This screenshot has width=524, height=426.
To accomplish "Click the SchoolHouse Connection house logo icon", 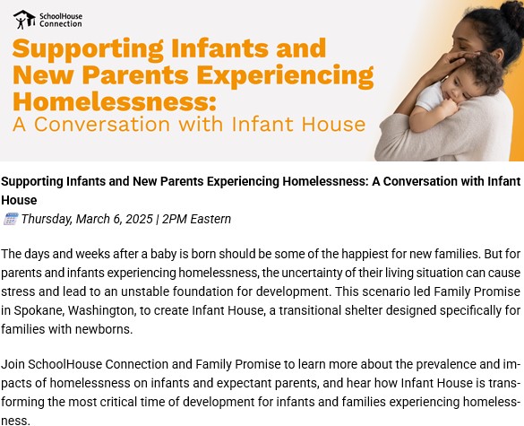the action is click(x=24, y=20).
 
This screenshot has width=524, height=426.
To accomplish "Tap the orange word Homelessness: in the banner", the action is click(x=115, y=101).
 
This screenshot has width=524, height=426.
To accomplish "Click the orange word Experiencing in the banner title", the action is click(x=285, y=75).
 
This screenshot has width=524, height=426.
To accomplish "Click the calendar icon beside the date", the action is click(x=11, y=219).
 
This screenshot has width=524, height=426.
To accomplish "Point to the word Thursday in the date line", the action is click(x=47, y=219).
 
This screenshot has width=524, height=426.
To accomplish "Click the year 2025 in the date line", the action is click(x=138, y=219).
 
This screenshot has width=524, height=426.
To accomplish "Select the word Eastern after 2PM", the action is click(x=210, y=219).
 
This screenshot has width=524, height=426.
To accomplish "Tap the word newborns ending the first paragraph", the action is click(x=104, y=329).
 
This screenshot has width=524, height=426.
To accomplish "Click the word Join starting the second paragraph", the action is click(x=13, y=364).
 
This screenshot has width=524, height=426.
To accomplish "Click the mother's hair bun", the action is click(x=511, y=13).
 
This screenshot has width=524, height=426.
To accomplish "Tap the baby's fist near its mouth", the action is click(x=447, y=108).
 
